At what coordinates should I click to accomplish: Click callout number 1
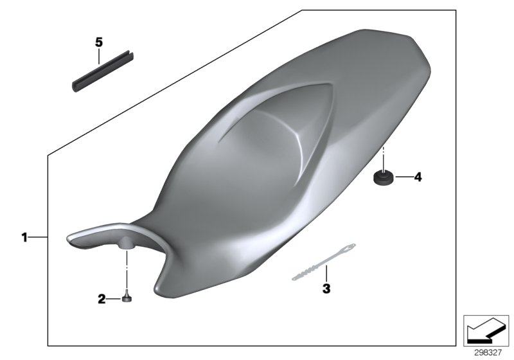[x=24, y=238]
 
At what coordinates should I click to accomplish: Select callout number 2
[x=102, y=298]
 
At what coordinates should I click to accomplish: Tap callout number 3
[x=326, y=289]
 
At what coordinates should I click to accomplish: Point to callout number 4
[x=418, y=177]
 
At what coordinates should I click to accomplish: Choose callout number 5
[x=98, y=42]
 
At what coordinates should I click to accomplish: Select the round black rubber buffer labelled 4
[x=384, y=177]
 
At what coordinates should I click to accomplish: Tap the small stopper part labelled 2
[x=127, y=297]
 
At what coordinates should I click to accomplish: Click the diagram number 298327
[x=488, y=352]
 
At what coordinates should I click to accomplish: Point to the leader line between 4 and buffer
[x=403, y=177]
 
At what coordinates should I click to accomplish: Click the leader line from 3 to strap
[x=326, y=273]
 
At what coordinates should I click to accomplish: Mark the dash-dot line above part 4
[x=384, y=157]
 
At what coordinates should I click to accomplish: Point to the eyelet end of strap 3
[x=350, y=246]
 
